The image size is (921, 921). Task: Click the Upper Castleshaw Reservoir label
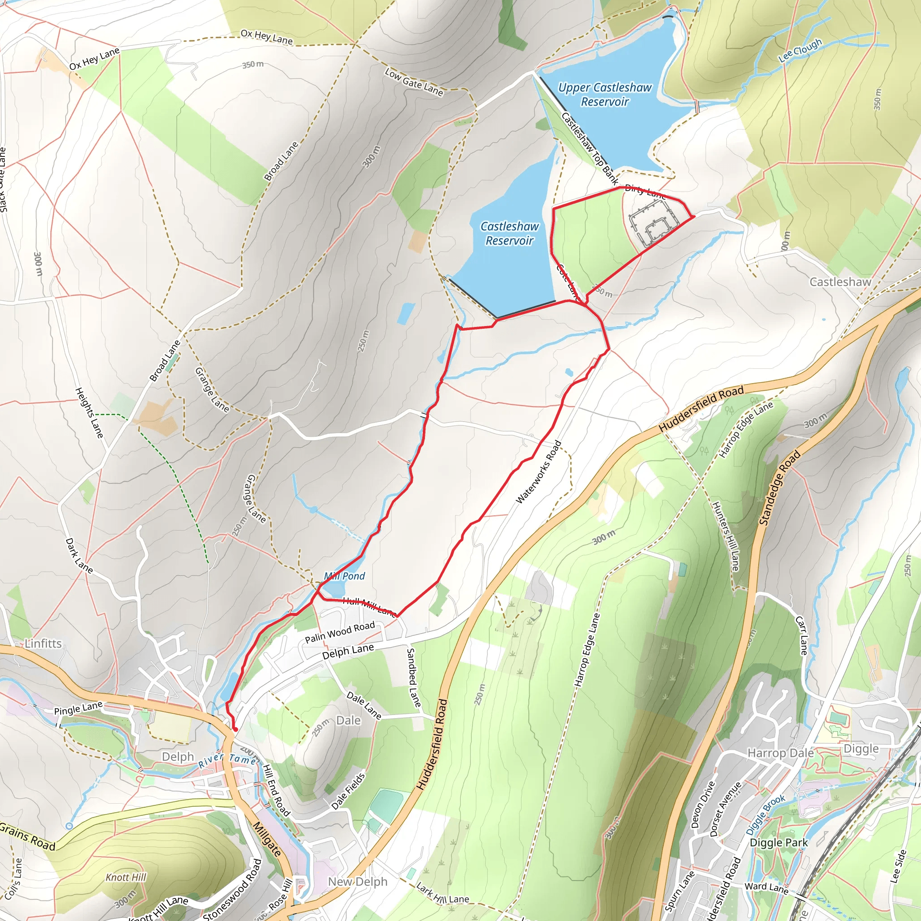pos(604,94)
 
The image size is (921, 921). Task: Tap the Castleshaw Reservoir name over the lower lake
pos(509,233)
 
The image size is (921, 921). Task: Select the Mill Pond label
pos(344,576)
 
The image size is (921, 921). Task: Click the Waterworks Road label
pos(539,472)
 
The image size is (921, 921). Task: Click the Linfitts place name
pos(43,644)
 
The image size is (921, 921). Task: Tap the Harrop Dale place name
pos(780,753)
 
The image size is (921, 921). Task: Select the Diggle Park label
pos(778,842)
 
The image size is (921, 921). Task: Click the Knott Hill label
pos(126,877)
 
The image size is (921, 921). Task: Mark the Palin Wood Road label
pos(340,632)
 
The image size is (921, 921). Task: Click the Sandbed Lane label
pos(413,677)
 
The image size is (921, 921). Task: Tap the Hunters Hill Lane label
pos(725,537)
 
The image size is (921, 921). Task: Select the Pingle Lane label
pos(78,708)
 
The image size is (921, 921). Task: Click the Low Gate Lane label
pos(414,82)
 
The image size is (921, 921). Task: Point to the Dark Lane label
pos(79,555)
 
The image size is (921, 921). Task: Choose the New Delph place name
pos(358,882)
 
